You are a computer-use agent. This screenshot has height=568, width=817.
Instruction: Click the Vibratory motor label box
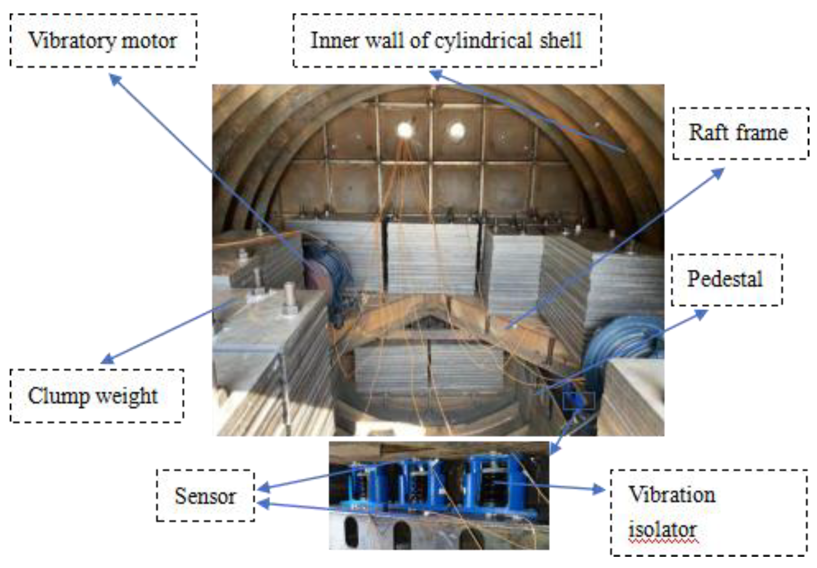103,41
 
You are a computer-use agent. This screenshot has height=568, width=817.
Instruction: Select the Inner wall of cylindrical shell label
447,41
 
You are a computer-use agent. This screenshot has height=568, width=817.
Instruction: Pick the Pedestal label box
726,279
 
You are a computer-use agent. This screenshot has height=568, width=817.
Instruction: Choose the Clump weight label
96,396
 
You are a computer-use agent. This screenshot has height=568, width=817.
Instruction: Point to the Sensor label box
205,496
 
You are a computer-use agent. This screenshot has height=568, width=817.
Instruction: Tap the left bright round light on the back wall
404,130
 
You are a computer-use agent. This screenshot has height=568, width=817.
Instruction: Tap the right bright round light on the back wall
457,131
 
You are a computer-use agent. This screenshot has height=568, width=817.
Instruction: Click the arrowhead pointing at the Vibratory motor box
114,79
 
